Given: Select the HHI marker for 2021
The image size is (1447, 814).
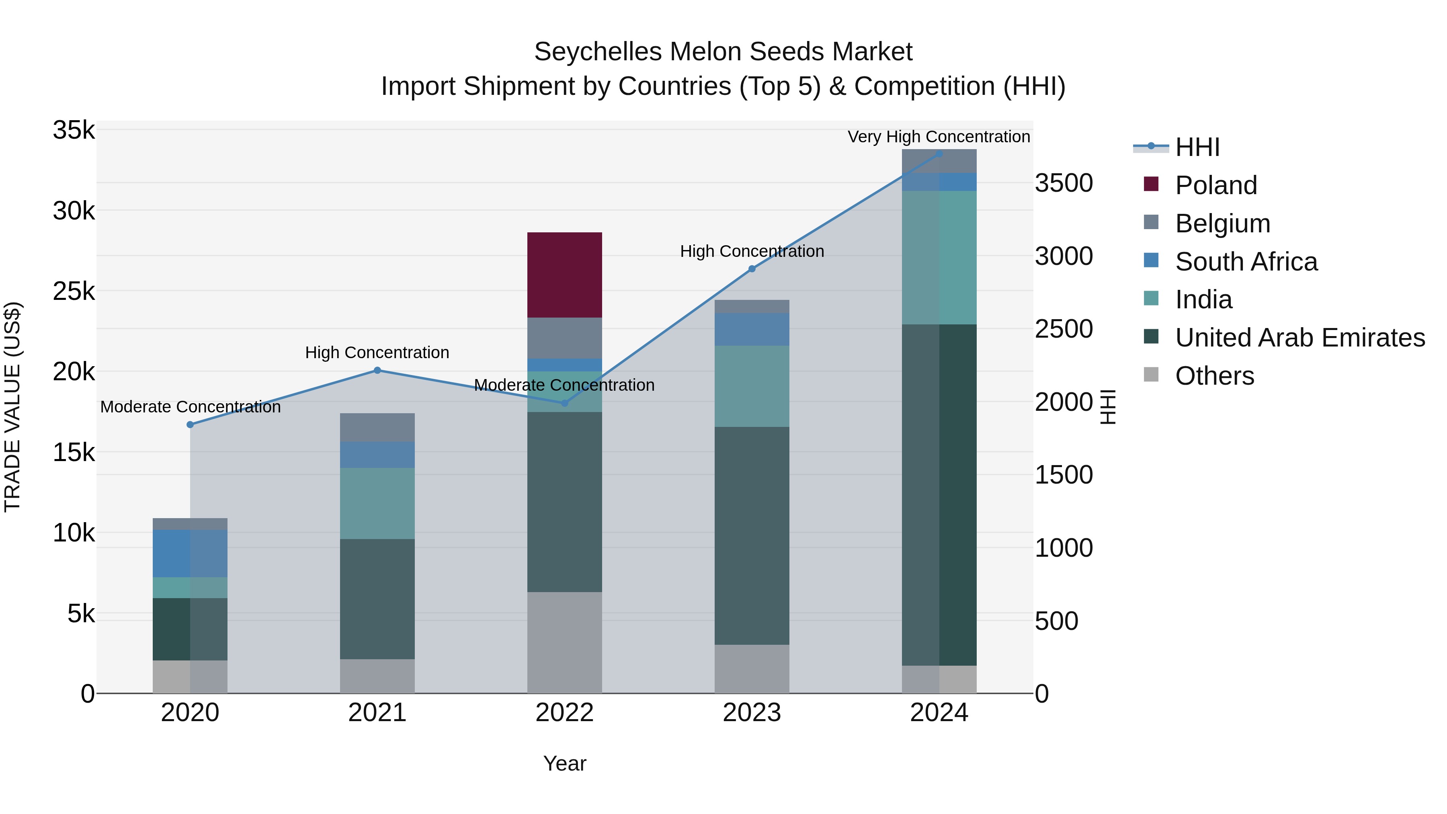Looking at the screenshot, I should pos(377,370).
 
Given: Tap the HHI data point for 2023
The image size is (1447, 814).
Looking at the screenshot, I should pos(752,269).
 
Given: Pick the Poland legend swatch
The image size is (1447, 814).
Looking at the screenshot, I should pos(1151,184).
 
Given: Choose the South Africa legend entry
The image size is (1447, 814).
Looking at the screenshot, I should pos(1246,262).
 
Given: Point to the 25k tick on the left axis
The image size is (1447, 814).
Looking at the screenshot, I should pos(74,291).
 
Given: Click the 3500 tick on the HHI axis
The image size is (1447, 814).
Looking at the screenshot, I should pos(1063,183).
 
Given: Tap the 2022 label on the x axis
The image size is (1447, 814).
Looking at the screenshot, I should pos(565,713).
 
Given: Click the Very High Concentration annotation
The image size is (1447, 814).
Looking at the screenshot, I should pos(939,137).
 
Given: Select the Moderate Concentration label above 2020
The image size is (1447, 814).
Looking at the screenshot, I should pos(191,407).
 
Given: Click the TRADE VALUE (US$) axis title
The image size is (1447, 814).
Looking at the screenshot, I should pos(12,407).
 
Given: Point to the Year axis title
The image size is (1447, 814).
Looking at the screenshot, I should pos(565,763).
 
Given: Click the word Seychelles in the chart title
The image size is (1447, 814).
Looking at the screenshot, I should pos(598,52).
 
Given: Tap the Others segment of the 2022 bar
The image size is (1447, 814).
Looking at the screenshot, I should pos(565,642).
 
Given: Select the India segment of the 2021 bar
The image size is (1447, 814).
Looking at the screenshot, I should pos(377,503).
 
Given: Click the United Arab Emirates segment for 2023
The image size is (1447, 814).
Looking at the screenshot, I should pos(752,535).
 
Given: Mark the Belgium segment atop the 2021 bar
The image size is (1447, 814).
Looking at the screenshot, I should pos(377,428).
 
